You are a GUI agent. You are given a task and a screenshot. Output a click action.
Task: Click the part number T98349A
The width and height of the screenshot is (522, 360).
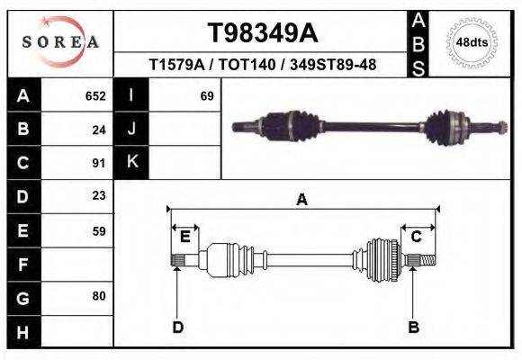263,33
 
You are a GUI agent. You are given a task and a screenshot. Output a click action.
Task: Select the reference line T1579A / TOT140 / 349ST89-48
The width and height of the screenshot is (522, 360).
263,65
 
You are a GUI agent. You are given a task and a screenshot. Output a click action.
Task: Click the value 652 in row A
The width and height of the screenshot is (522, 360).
95,95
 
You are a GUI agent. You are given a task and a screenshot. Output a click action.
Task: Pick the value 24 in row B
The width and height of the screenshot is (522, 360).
99,129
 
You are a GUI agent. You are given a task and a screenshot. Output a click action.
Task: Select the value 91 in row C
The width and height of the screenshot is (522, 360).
99,163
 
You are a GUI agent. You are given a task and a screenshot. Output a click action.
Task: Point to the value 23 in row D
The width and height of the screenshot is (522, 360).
99,196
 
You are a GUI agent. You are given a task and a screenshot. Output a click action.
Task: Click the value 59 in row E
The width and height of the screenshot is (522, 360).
99,230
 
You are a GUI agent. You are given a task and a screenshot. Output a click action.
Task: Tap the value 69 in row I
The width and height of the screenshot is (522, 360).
206,95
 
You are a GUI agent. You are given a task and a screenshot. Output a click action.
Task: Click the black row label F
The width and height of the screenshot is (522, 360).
22,265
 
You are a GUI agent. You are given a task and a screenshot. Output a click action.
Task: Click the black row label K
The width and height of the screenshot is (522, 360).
131,163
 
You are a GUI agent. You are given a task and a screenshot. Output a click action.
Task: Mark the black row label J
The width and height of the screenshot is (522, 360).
131,129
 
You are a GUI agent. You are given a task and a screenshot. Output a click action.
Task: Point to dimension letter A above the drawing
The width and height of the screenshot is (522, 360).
302,200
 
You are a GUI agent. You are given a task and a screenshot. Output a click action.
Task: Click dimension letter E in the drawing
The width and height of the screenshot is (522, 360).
184,237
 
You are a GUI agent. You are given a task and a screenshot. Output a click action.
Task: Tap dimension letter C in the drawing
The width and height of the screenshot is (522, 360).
417,237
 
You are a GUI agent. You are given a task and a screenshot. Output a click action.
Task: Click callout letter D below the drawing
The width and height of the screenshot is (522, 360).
178,326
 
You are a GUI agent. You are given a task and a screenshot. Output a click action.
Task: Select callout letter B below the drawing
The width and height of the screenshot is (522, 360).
414,326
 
